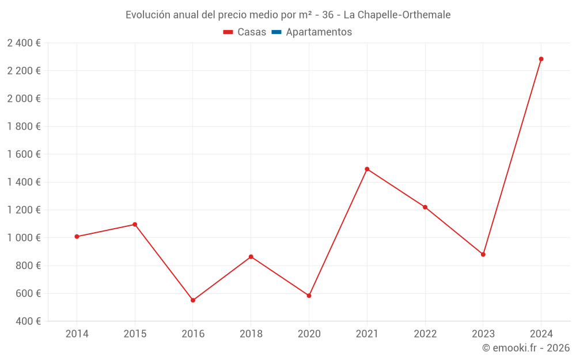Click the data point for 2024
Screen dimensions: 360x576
pyautogui.click(x=541, y=59)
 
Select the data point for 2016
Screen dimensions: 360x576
pyautogui.click(x=193, y=300)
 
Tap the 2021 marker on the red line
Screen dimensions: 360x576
pyautogui.click(x=367, y=169)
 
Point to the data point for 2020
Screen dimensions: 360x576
pyautogui.click(x=309, y=295)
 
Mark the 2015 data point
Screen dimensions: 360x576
pyautogui.click(x=135, y=224)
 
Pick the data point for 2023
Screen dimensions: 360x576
pyautogui.click(x=483, y=254)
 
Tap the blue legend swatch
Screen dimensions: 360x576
pyautogui.click(x=276, y=32)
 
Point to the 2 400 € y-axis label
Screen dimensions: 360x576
pyautogui.click(x=24, y=43)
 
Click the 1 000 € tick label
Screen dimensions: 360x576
pyautogui.click(x=24, y=238)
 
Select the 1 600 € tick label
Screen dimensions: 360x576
pyautogui.click(x=24, y=154)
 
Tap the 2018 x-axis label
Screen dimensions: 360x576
pyautogui.click(x=251, y=334)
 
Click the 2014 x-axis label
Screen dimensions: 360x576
pyautogui.click(x=77, y=334)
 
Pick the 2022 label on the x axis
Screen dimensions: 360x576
pyautogui.click(x=425, y=334)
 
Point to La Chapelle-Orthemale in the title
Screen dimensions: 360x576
pyautogui.click(x=397, y=14)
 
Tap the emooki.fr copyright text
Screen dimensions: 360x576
pyautogui.click(x=526, y=348)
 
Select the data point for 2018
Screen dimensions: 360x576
pyautogui.click(x=251, y=256)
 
